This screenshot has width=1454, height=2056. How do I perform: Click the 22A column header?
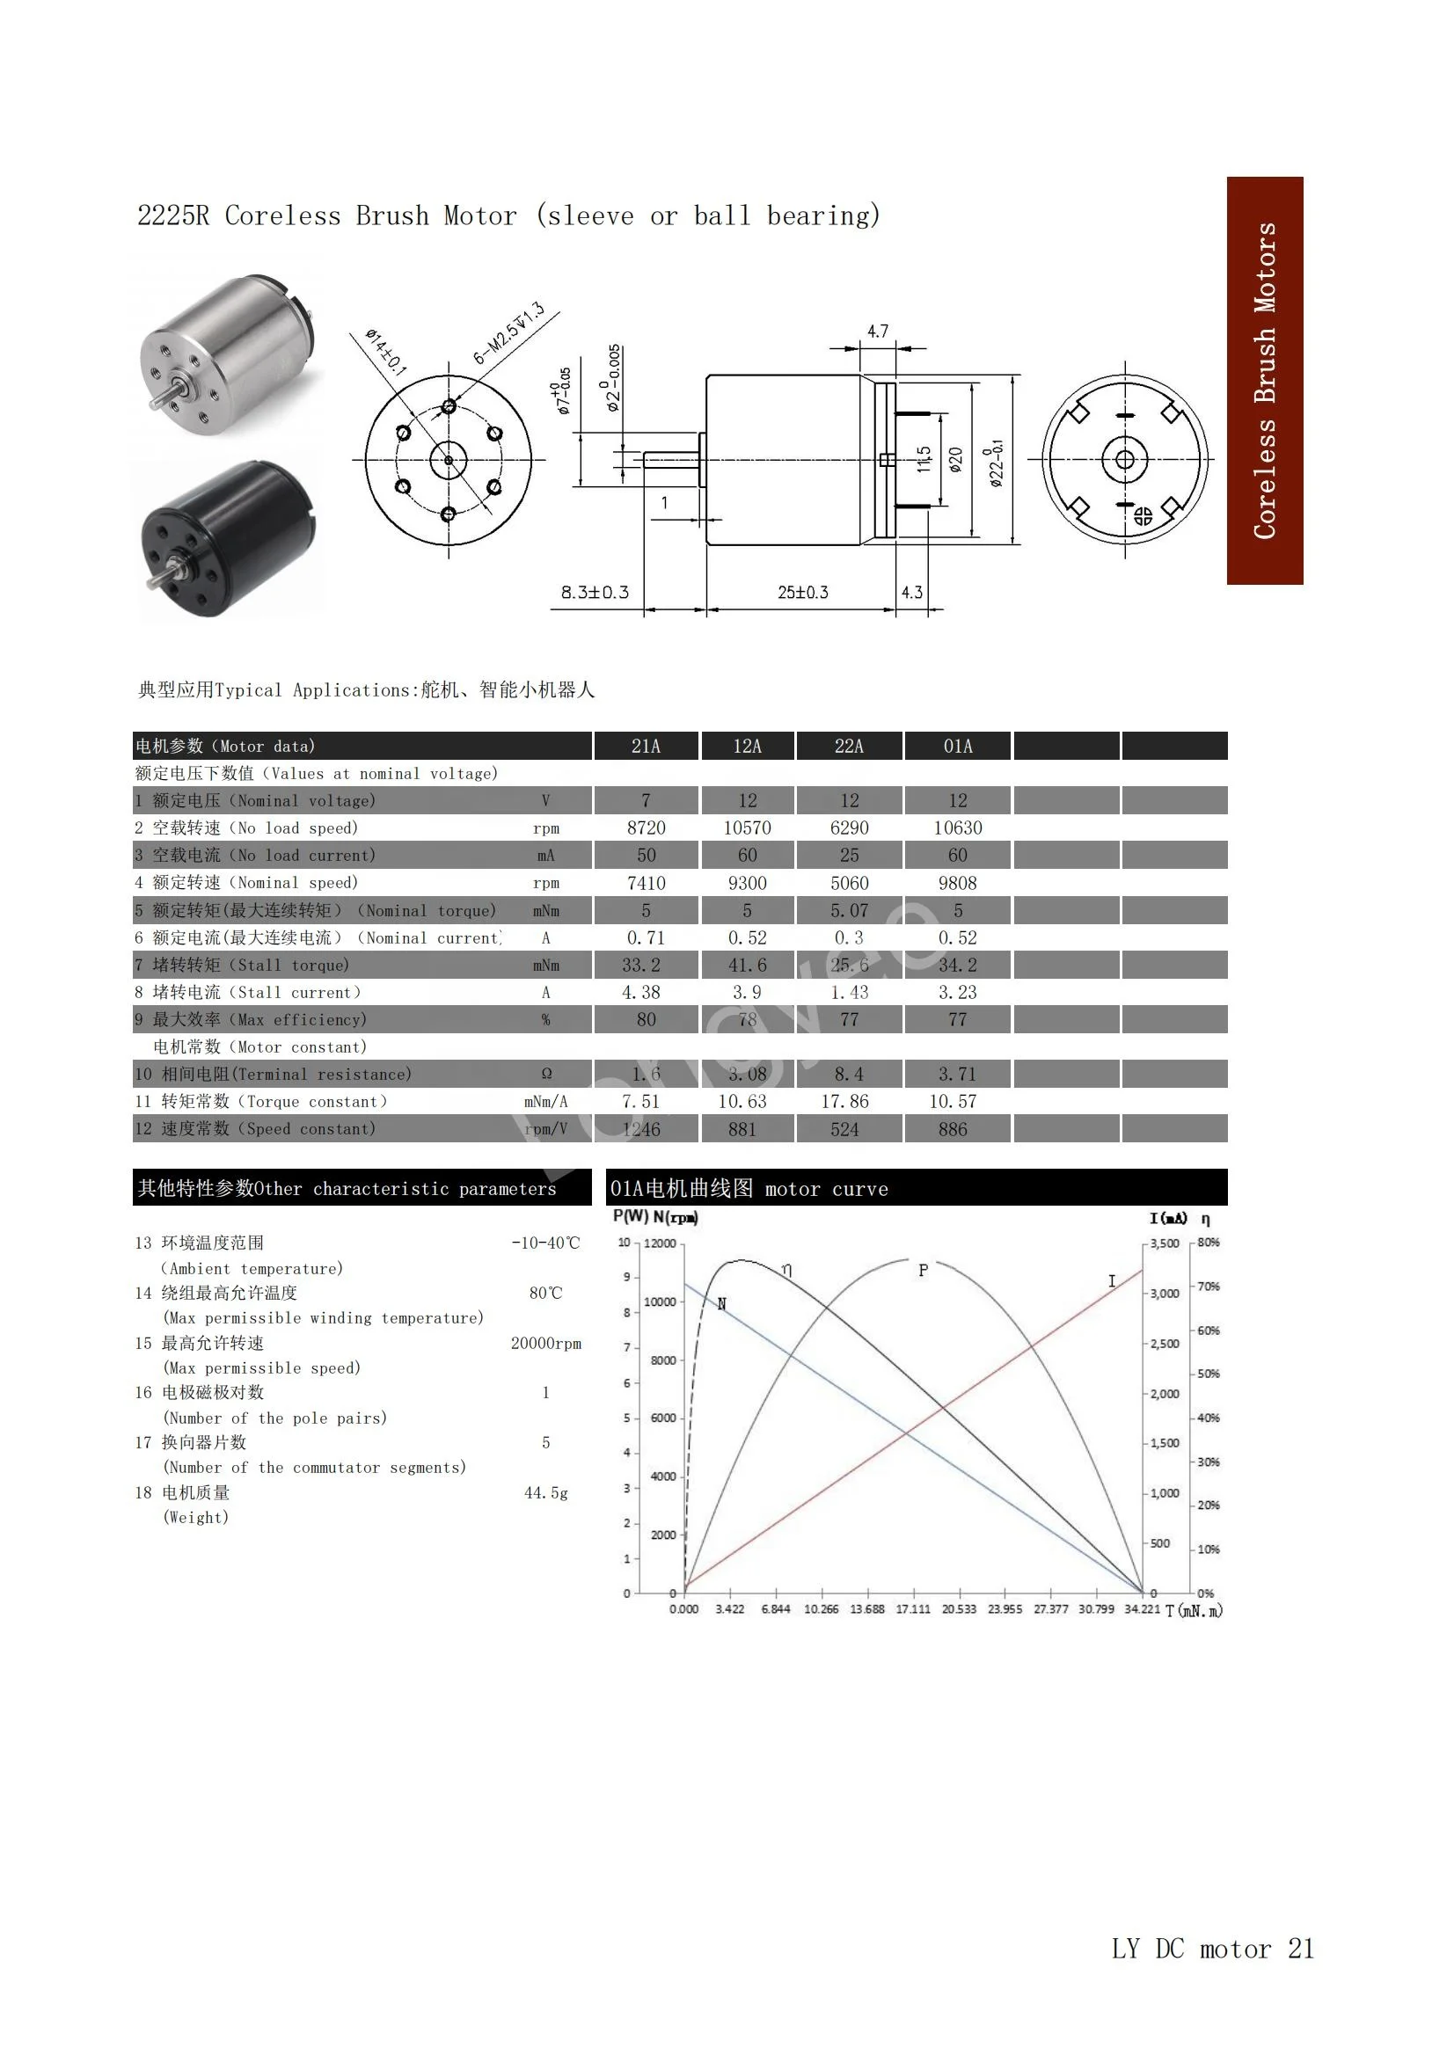[849, 746]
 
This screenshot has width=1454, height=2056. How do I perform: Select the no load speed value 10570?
[747, 828]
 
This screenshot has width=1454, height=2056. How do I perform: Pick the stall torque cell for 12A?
[747, 966]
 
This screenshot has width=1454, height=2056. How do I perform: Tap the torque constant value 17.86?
[844, 1101]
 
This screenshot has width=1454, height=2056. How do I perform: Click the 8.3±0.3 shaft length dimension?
[595, 593]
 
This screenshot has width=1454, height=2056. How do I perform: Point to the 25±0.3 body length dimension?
[803, 593]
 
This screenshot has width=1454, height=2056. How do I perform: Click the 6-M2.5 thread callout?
[508, 333]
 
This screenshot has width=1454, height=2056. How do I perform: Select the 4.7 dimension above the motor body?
[878, 332]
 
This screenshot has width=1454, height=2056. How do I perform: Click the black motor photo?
[229, 539]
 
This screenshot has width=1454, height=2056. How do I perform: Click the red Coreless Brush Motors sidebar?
[1264, 381]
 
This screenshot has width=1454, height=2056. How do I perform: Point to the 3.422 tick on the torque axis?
[729, 1609]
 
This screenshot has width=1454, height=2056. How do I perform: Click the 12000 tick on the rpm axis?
[660, 1243]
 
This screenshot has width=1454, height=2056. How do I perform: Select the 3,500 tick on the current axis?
[1165, 1243]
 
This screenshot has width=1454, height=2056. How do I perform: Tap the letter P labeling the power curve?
[923, 1270]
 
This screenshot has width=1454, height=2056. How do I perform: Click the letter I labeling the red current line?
[1112, 1281]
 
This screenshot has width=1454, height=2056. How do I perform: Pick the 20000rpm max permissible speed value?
[545, 1343]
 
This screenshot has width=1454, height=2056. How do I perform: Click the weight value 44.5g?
[545, 1492]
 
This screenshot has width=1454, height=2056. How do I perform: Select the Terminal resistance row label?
[286, 1075]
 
